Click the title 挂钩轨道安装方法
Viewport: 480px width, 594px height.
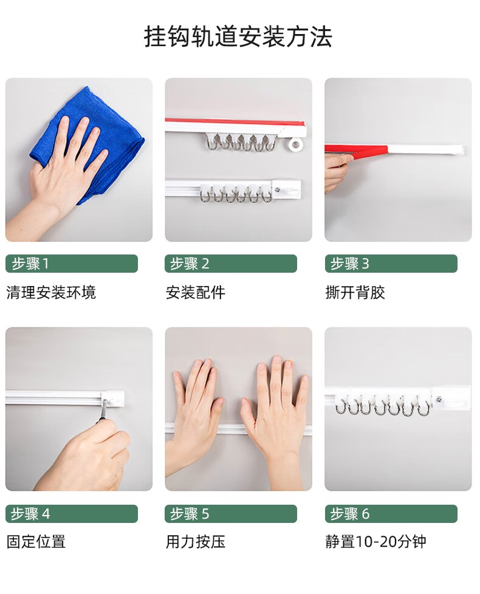[238, 37]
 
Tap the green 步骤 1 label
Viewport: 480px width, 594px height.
[72, 263]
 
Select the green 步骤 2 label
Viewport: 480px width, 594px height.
[231, 263]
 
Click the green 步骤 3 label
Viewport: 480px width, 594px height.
[391, 263]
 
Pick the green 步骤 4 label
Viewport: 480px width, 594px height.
[72, 514]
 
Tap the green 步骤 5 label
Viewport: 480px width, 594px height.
[231, 514]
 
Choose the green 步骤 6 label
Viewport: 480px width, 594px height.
[391, 514]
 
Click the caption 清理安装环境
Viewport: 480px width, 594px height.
[51, 292]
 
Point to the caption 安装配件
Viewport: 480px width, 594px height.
[196, 292]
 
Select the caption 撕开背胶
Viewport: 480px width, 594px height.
[355, 292]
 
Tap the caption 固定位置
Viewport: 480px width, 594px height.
[36, 541]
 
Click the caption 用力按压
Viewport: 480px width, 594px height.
[196, 541]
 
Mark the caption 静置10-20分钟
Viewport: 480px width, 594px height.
[376, 541]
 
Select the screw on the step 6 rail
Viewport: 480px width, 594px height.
[439, 398]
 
